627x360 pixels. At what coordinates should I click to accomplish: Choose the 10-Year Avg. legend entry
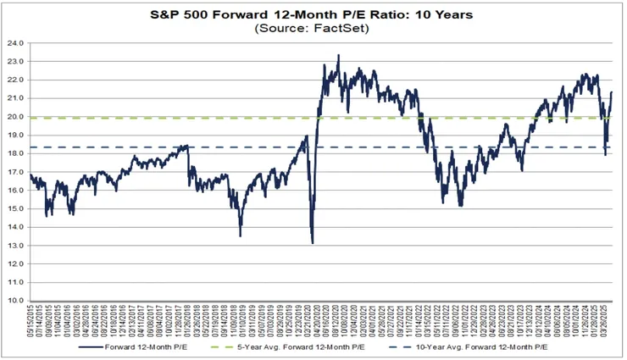point(475,347)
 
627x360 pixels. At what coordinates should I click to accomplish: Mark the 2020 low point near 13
point(313,242)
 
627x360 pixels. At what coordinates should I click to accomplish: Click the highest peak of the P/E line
point(339,56)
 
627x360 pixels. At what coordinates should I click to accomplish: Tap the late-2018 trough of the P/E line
point(240,235)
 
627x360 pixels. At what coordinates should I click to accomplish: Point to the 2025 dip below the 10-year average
point(605,153)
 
